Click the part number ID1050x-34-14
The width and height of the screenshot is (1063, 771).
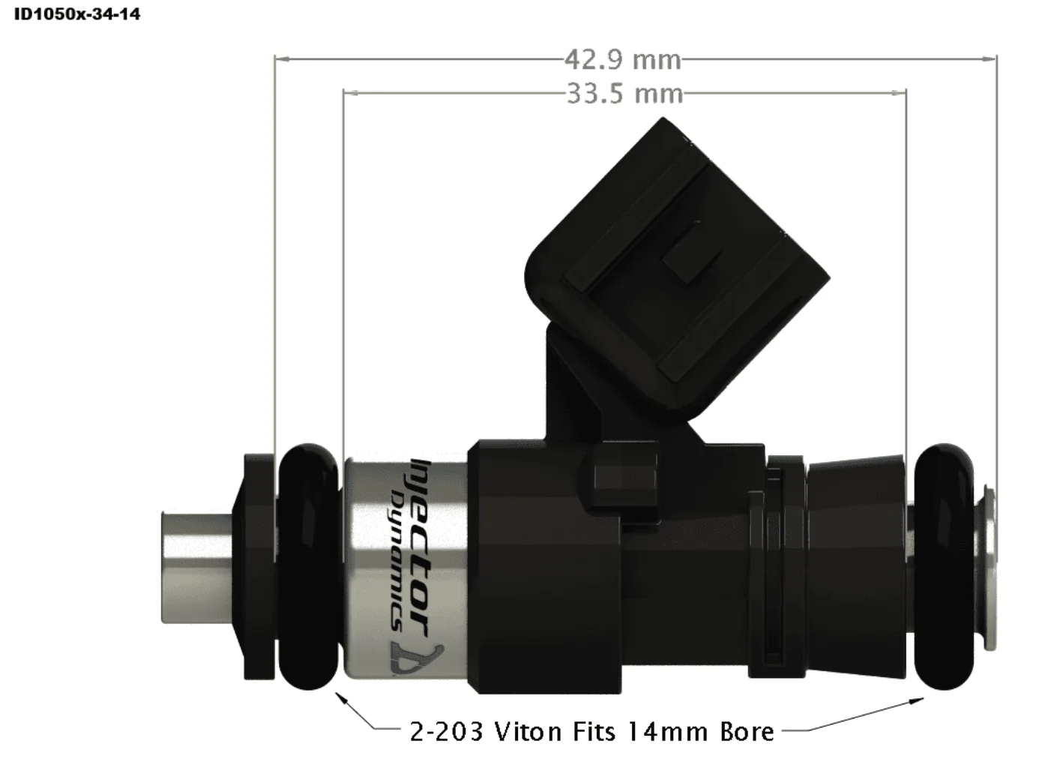[77, 14]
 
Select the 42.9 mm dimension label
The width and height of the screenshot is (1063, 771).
[623, 60]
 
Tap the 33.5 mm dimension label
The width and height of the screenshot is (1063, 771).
[625, 94]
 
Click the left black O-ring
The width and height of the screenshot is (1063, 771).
[308, 566]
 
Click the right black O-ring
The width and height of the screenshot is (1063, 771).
[944, 566]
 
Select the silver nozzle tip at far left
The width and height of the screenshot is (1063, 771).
[197, 567]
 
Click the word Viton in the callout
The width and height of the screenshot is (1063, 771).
[529, 731]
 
